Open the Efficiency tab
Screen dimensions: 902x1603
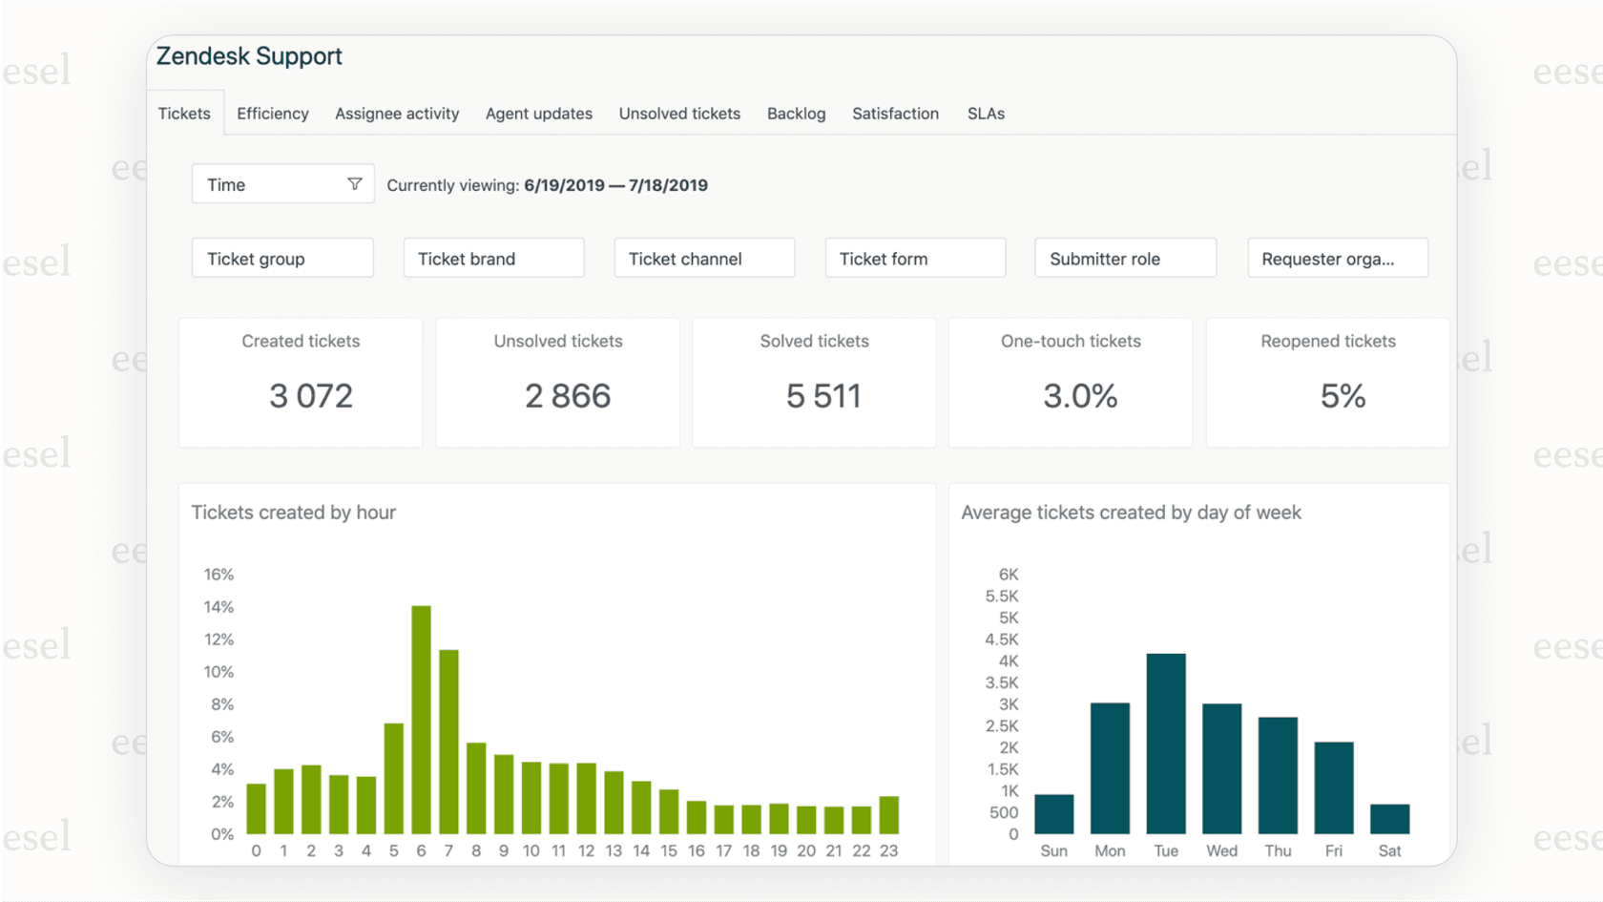273,114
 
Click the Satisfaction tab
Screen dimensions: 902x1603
895,114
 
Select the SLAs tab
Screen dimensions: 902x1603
986,114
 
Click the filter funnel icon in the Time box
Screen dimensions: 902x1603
355,184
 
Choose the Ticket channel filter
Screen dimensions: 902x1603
704,259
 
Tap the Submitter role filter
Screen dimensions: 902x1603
1125,259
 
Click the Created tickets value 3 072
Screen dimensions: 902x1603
311,396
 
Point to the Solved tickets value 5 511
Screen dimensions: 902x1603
823,396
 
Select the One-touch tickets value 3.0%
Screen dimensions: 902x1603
1080,396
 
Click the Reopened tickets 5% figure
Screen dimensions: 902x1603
1343,396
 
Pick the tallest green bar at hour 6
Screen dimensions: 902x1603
421,721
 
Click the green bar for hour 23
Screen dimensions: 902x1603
888,815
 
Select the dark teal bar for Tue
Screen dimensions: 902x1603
1166,744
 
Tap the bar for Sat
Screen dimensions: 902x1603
1389,819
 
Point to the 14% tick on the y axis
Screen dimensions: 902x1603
219,607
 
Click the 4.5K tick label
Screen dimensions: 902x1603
1002,640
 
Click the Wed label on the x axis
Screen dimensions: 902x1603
1221,850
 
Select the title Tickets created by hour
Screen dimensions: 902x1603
294,513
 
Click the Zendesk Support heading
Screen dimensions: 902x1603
249,56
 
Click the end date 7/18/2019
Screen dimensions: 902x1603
668,185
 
